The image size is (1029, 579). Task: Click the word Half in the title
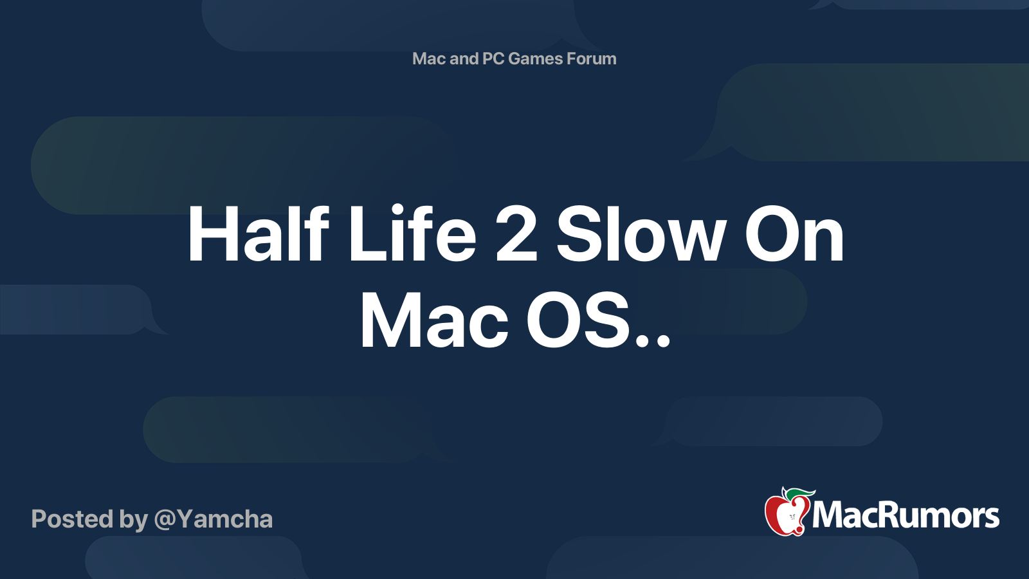pos(258,234)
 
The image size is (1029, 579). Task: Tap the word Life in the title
pos(412,234)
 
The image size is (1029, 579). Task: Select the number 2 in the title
pos(516,234)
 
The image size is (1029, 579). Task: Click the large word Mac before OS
pos(435,321)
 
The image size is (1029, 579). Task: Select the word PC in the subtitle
pos(493,59)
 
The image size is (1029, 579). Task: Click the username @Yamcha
pos(213,519)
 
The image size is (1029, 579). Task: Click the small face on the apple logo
pos(792,517)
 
